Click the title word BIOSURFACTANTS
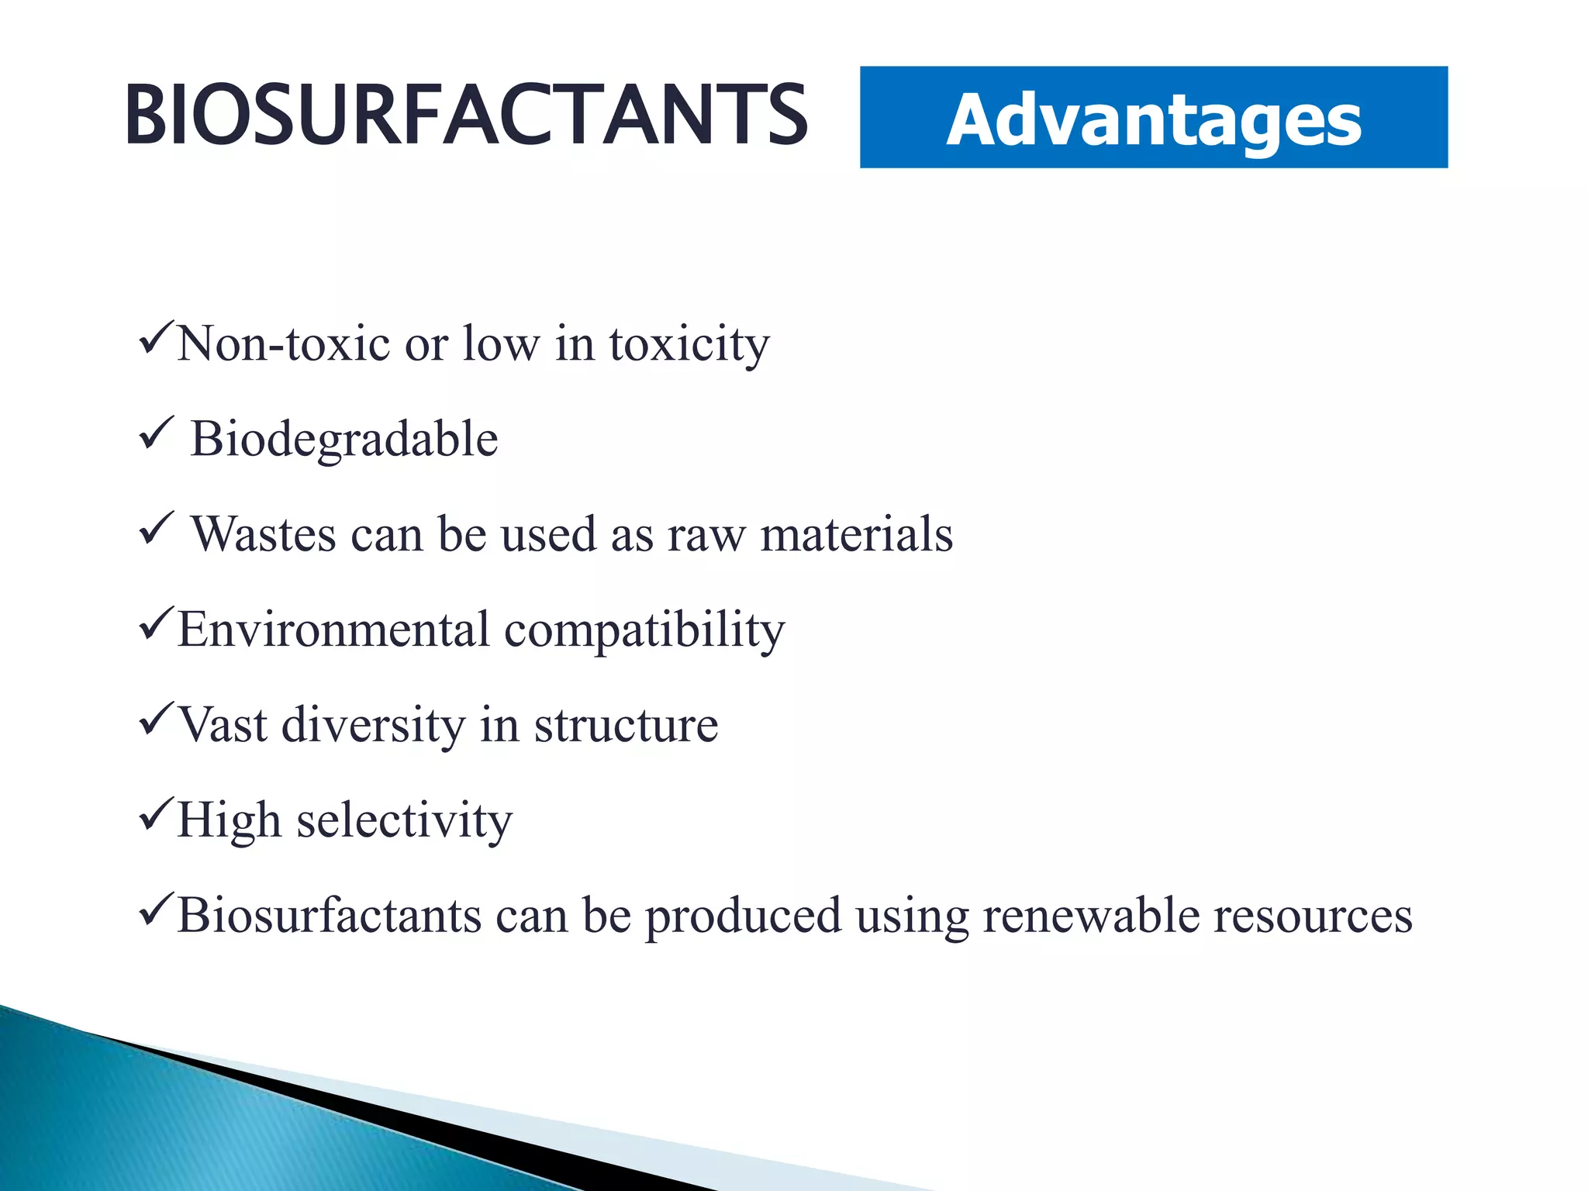click(465, 116)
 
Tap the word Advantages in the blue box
click(1153, 120)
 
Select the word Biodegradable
click(344, 440)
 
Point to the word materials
click(856, 535)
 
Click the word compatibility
click(644, 630)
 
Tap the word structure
click(626, 726)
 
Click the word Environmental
click(333, 629)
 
